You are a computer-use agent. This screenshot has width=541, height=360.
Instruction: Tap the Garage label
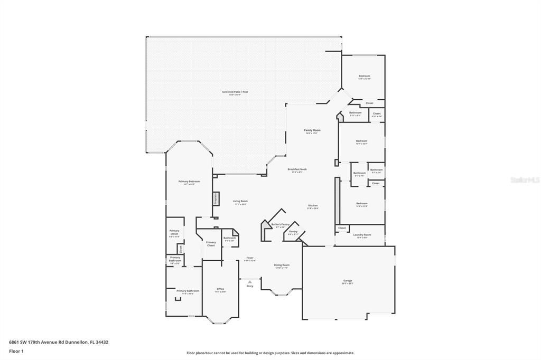347,281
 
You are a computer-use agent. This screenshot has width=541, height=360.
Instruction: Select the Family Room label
312,130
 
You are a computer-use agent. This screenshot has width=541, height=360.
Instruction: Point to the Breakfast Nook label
297,169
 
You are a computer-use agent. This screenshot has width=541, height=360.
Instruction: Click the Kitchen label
313,205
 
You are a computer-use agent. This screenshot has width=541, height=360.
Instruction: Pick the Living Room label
240,201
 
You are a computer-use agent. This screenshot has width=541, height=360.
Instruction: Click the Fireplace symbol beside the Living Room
216,198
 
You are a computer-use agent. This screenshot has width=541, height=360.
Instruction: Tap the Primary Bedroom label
189,182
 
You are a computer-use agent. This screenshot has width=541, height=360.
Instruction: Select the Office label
220,289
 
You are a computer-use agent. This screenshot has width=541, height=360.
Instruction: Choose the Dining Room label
281,265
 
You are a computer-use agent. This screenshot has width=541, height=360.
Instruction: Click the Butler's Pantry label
280,224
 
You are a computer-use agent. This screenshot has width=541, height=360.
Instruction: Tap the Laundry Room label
362,235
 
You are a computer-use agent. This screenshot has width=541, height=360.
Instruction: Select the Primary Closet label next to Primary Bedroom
174,232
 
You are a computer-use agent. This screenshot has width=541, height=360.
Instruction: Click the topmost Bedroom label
364,76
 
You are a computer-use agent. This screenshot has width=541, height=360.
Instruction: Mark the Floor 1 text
16,350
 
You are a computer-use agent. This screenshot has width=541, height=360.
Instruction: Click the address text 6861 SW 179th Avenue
58,342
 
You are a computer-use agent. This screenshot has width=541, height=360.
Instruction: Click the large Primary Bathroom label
188,291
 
